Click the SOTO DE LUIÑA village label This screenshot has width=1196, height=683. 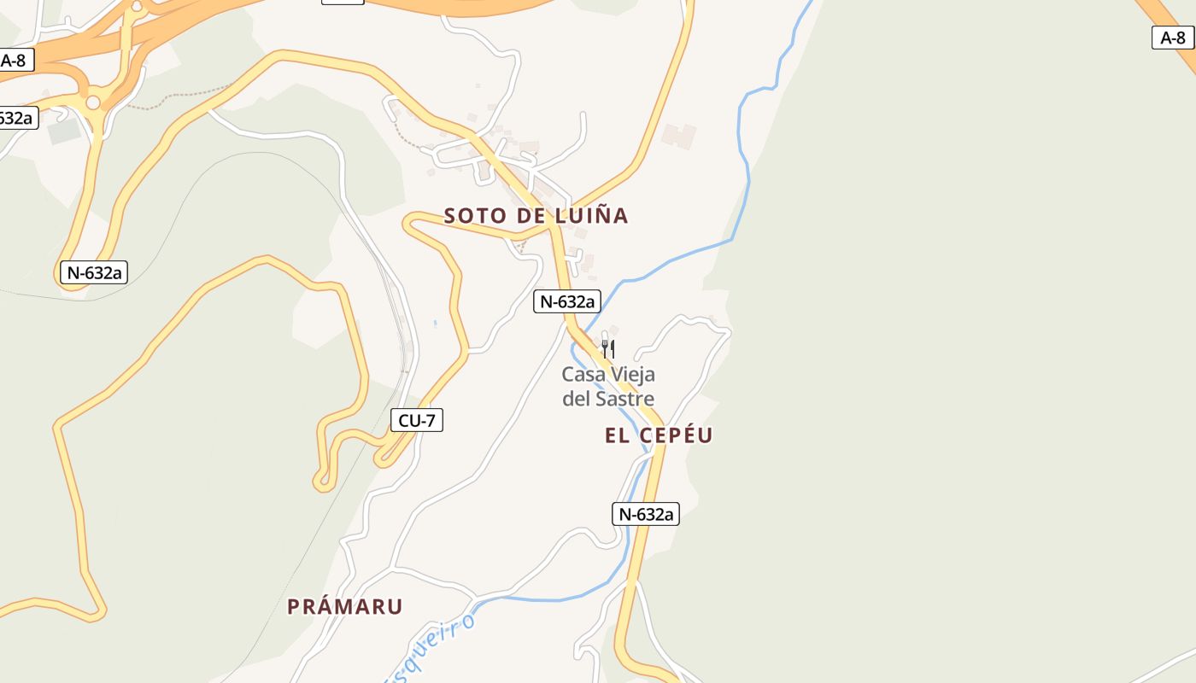pos(536,216)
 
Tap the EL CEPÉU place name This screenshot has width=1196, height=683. pos(659,435)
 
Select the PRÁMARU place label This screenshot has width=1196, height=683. pos(344,607)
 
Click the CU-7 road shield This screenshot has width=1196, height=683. pos(417,420)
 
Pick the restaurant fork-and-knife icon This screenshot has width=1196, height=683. pos(607,347)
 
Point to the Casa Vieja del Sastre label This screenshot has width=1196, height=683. pos(608,387)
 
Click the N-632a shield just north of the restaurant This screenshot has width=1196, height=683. pos(567,301)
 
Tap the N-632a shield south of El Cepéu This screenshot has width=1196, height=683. pos(646,514)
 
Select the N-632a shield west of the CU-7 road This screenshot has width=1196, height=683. pos(93,273)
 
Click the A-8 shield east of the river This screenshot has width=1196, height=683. pos(1172,38)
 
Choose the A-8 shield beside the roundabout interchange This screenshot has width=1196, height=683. pos(14,61)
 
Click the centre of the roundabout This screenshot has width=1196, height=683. pos(92,103)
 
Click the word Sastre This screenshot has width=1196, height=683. pos(624,399)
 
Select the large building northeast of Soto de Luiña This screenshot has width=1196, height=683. pos(679,136)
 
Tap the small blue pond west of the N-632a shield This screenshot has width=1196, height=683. pos(435,324)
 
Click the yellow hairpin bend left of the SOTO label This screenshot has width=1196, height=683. pos(410,223)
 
